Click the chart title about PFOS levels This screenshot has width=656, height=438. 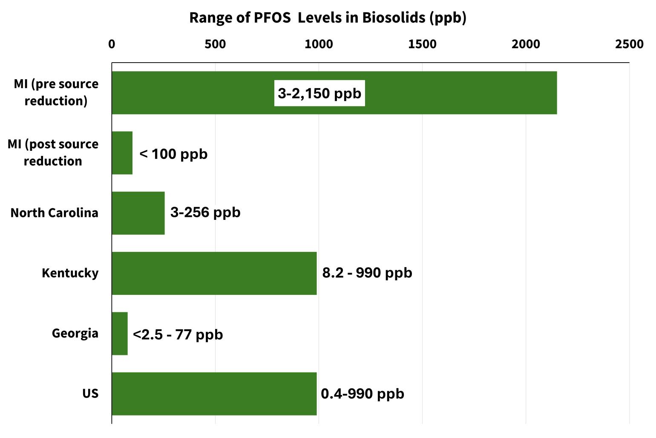[x=328, y=18]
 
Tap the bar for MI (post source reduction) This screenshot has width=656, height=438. [x=122, y=153]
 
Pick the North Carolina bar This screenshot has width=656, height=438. [x=138, y=213]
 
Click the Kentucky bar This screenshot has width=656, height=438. [x=214, y=273]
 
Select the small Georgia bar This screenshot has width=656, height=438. [x=120, y=334]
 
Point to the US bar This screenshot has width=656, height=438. [x=214, y=394]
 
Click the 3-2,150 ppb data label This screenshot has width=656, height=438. [x=319, y=93]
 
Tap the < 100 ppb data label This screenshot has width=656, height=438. [x=173, y=154]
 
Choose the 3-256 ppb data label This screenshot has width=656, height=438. [x=205, y=212]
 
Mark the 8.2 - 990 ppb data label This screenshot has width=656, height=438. [x=367, y=273]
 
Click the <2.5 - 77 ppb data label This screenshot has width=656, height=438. [x=178, y=334]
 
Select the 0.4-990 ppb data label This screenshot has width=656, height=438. [x=363, y=394]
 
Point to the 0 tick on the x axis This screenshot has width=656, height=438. [x=112, y=44]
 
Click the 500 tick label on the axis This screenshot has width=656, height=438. [x=215, y=44]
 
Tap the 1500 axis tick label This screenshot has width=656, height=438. [x=422, y=44]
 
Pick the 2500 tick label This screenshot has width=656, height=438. [x=629, y=44]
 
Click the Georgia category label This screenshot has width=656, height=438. [x=75, y=333]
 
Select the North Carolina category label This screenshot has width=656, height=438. [x=54, y=213]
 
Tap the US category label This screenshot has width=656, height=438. [x=90, y=393]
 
